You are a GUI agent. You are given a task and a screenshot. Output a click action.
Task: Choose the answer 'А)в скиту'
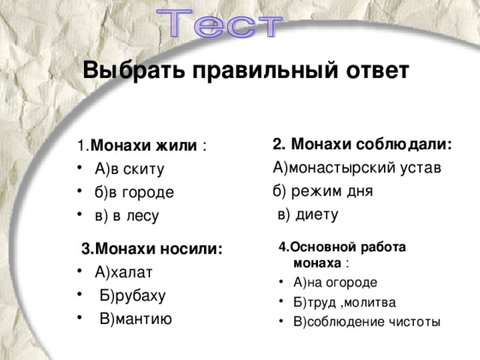(130, 169)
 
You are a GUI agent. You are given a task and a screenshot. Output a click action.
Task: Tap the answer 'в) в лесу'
(127, 216)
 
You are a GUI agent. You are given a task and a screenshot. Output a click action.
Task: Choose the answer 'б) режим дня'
(323, 190)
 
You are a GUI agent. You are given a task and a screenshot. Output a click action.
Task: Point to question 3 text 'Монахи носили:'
(152, 249)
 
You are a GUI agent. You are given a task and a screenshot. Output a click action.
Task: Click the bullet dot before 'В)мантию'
(79, 319)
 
